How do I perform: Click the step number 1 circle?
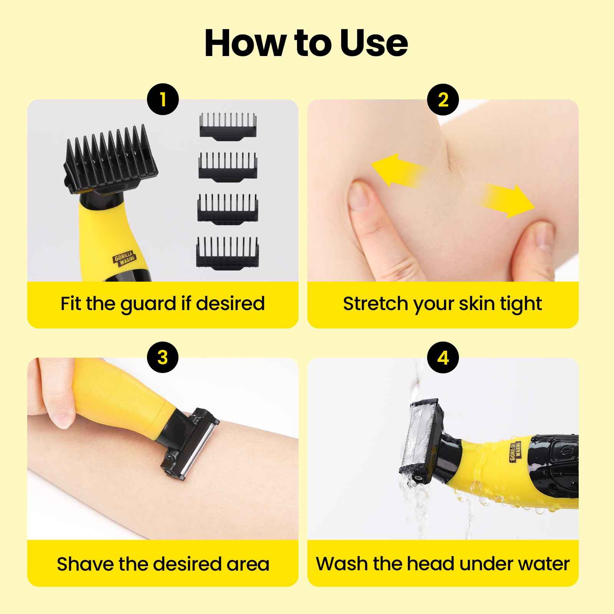click(163, 100)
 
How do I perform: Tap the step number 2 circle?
click(443, 100)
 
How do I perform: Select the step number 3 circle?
click(163, 358)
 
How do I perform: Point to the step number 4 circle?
click(443, 358)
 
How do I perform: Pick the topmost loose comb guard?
click(228, 125)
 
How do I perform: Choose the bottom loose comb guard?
click(228, 252)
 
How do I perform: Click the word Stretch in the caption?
click(368, 303)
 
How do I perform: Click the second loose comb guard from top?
click(227, 166)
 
